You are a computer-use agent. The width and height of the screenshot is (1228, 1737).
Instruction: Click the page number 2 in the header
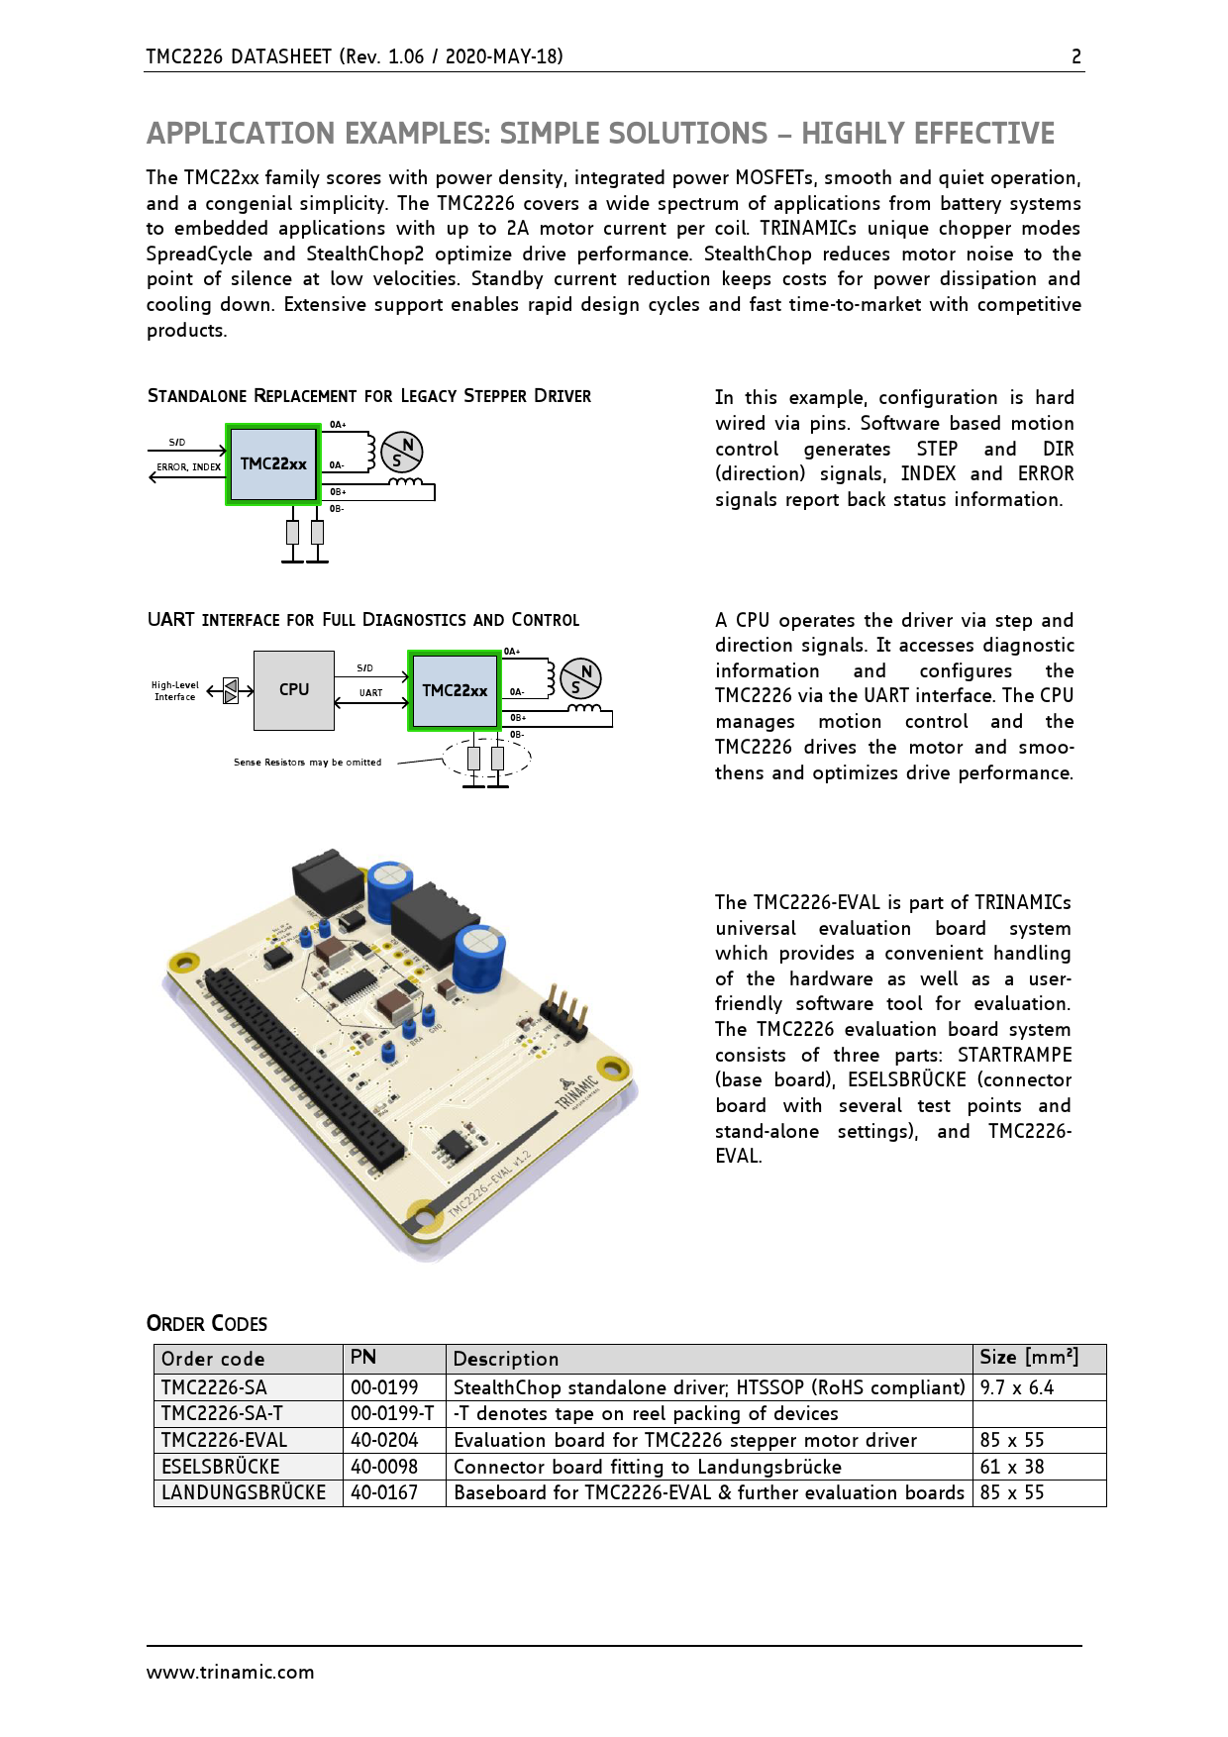coord(1076,56)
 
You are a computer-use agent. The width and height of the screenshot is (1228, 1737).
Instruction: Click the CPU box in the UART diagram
coord(294,690)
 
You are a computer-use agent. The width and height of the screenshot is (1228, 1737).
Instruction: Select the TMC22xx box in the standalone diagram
coord(273,464)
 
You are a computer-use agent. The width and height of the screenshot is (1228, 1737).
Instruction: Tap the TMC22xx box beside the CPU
coord(455,691)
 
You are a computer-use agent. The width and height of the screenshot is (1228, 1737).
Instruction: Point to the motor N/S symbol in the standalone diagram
coord(402,453)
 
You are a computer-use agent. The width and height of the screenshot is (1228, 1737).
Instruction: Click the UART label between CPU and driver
coord(370,693)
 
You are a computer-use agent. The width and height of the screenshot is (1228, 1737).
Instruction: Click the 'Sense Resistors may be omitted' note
coord(307,763)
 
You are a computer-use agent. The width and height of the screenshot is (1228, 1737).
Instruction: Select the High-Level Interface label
coord(174,691)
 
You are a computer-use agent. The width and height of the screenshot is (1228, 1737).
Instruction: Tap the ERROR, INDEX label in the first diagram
coord(188,467)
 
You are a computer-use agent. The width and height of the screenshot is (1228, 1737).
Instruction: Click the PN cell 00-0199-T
coord(392,1414)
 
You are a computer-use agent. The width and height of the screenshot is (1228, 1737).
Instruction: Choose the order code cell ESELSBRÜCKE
coord(221,1467)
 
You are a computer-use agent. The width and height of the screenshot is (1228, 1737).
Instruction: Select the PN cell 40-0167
coord(384,1493)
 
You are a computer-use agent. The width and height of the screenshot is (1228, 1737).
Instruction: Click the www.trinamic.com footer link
coord(230,1673)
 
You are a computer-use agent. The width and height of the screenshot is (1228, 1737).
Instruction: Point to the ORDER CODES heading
coord(207,1324)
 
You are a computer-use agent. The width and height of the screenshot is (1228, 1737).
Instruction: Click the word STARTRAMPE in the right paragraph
coord(1014,1056)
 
